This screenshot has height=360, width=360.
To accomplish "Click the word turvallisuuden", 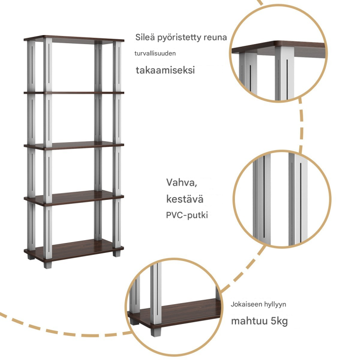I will (155, 54).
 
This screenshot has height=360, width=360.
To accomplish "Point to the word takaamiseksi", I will (166, 70).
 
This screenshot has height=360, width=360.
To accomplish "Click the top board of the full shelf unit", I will (74, 38).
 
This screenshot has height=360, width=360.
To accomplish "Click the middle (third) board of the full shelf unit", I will (74, 146).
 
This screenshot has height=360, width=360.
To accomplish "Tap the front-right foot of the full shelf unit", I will (117, 253).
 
